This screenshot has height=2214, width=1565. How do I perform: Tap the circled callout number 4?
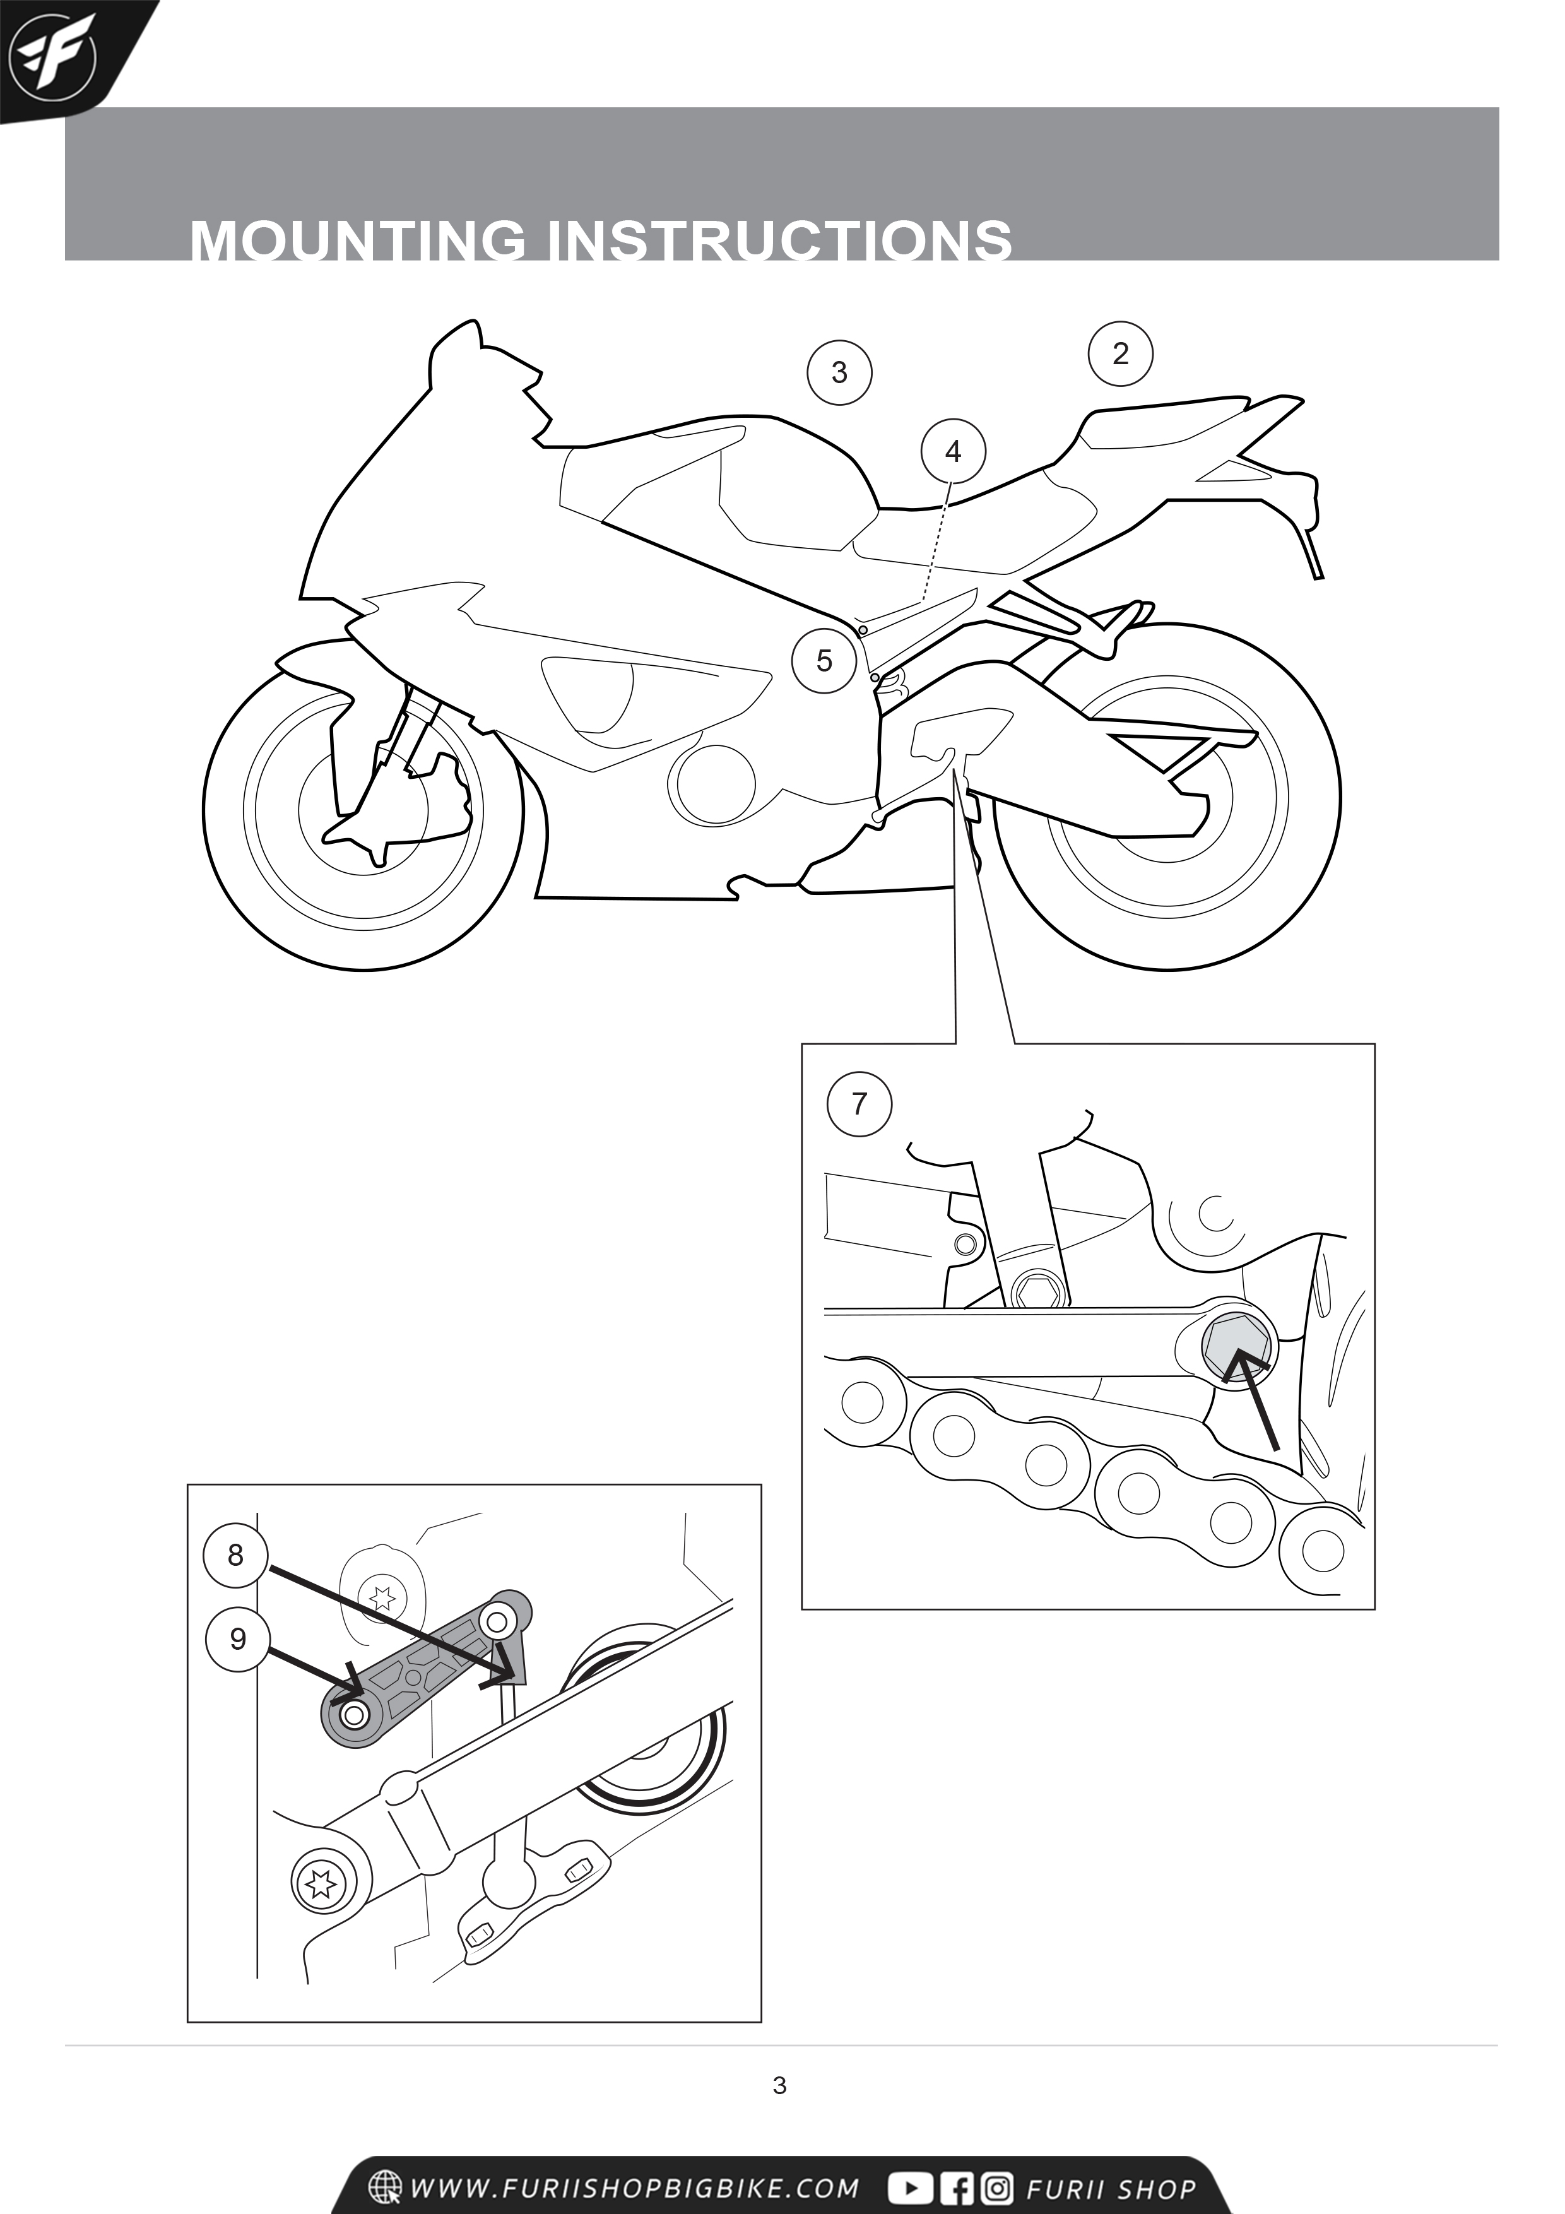coord(953,451)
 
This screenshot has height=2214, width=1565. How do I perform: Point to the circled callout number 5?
coord(824,661)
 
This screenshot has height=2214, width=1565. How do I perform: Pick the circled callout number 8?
coord(235,1554)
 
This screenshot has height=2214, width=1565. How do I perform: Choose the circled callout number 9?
coord(238,1638)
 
